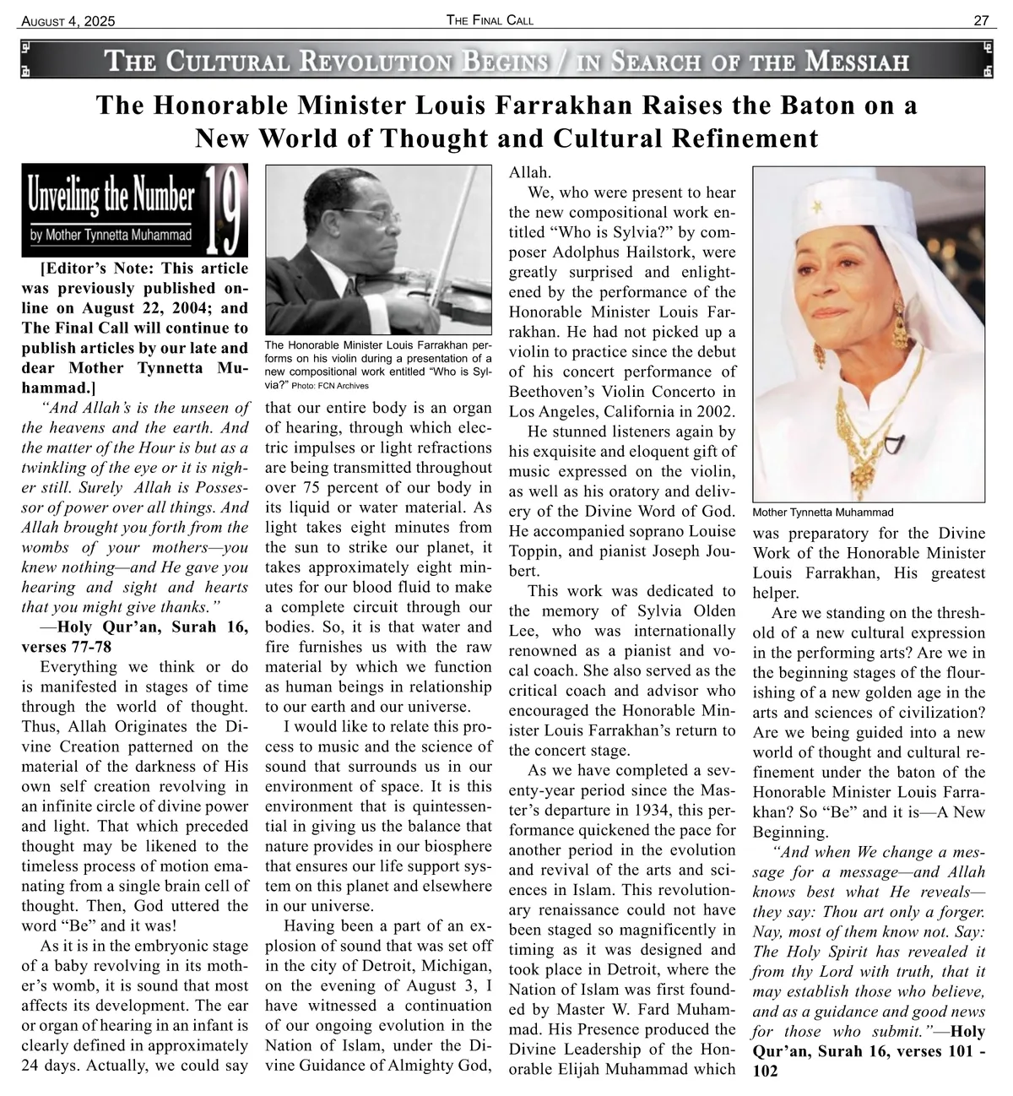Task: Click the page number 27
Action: tap(981, 20)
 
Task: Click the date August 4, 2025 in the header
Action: tap(68, 21)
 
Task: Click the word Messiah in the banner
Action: tap(857, 62)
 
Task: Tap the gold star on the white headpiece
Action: tap(816, 206)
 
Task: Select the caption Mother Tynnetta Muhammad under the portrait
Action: tap(822, 513)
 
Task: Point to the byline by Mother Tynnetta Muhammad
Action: tap(111, 235)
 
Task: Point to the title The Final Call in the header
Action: tap(490, 20)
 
